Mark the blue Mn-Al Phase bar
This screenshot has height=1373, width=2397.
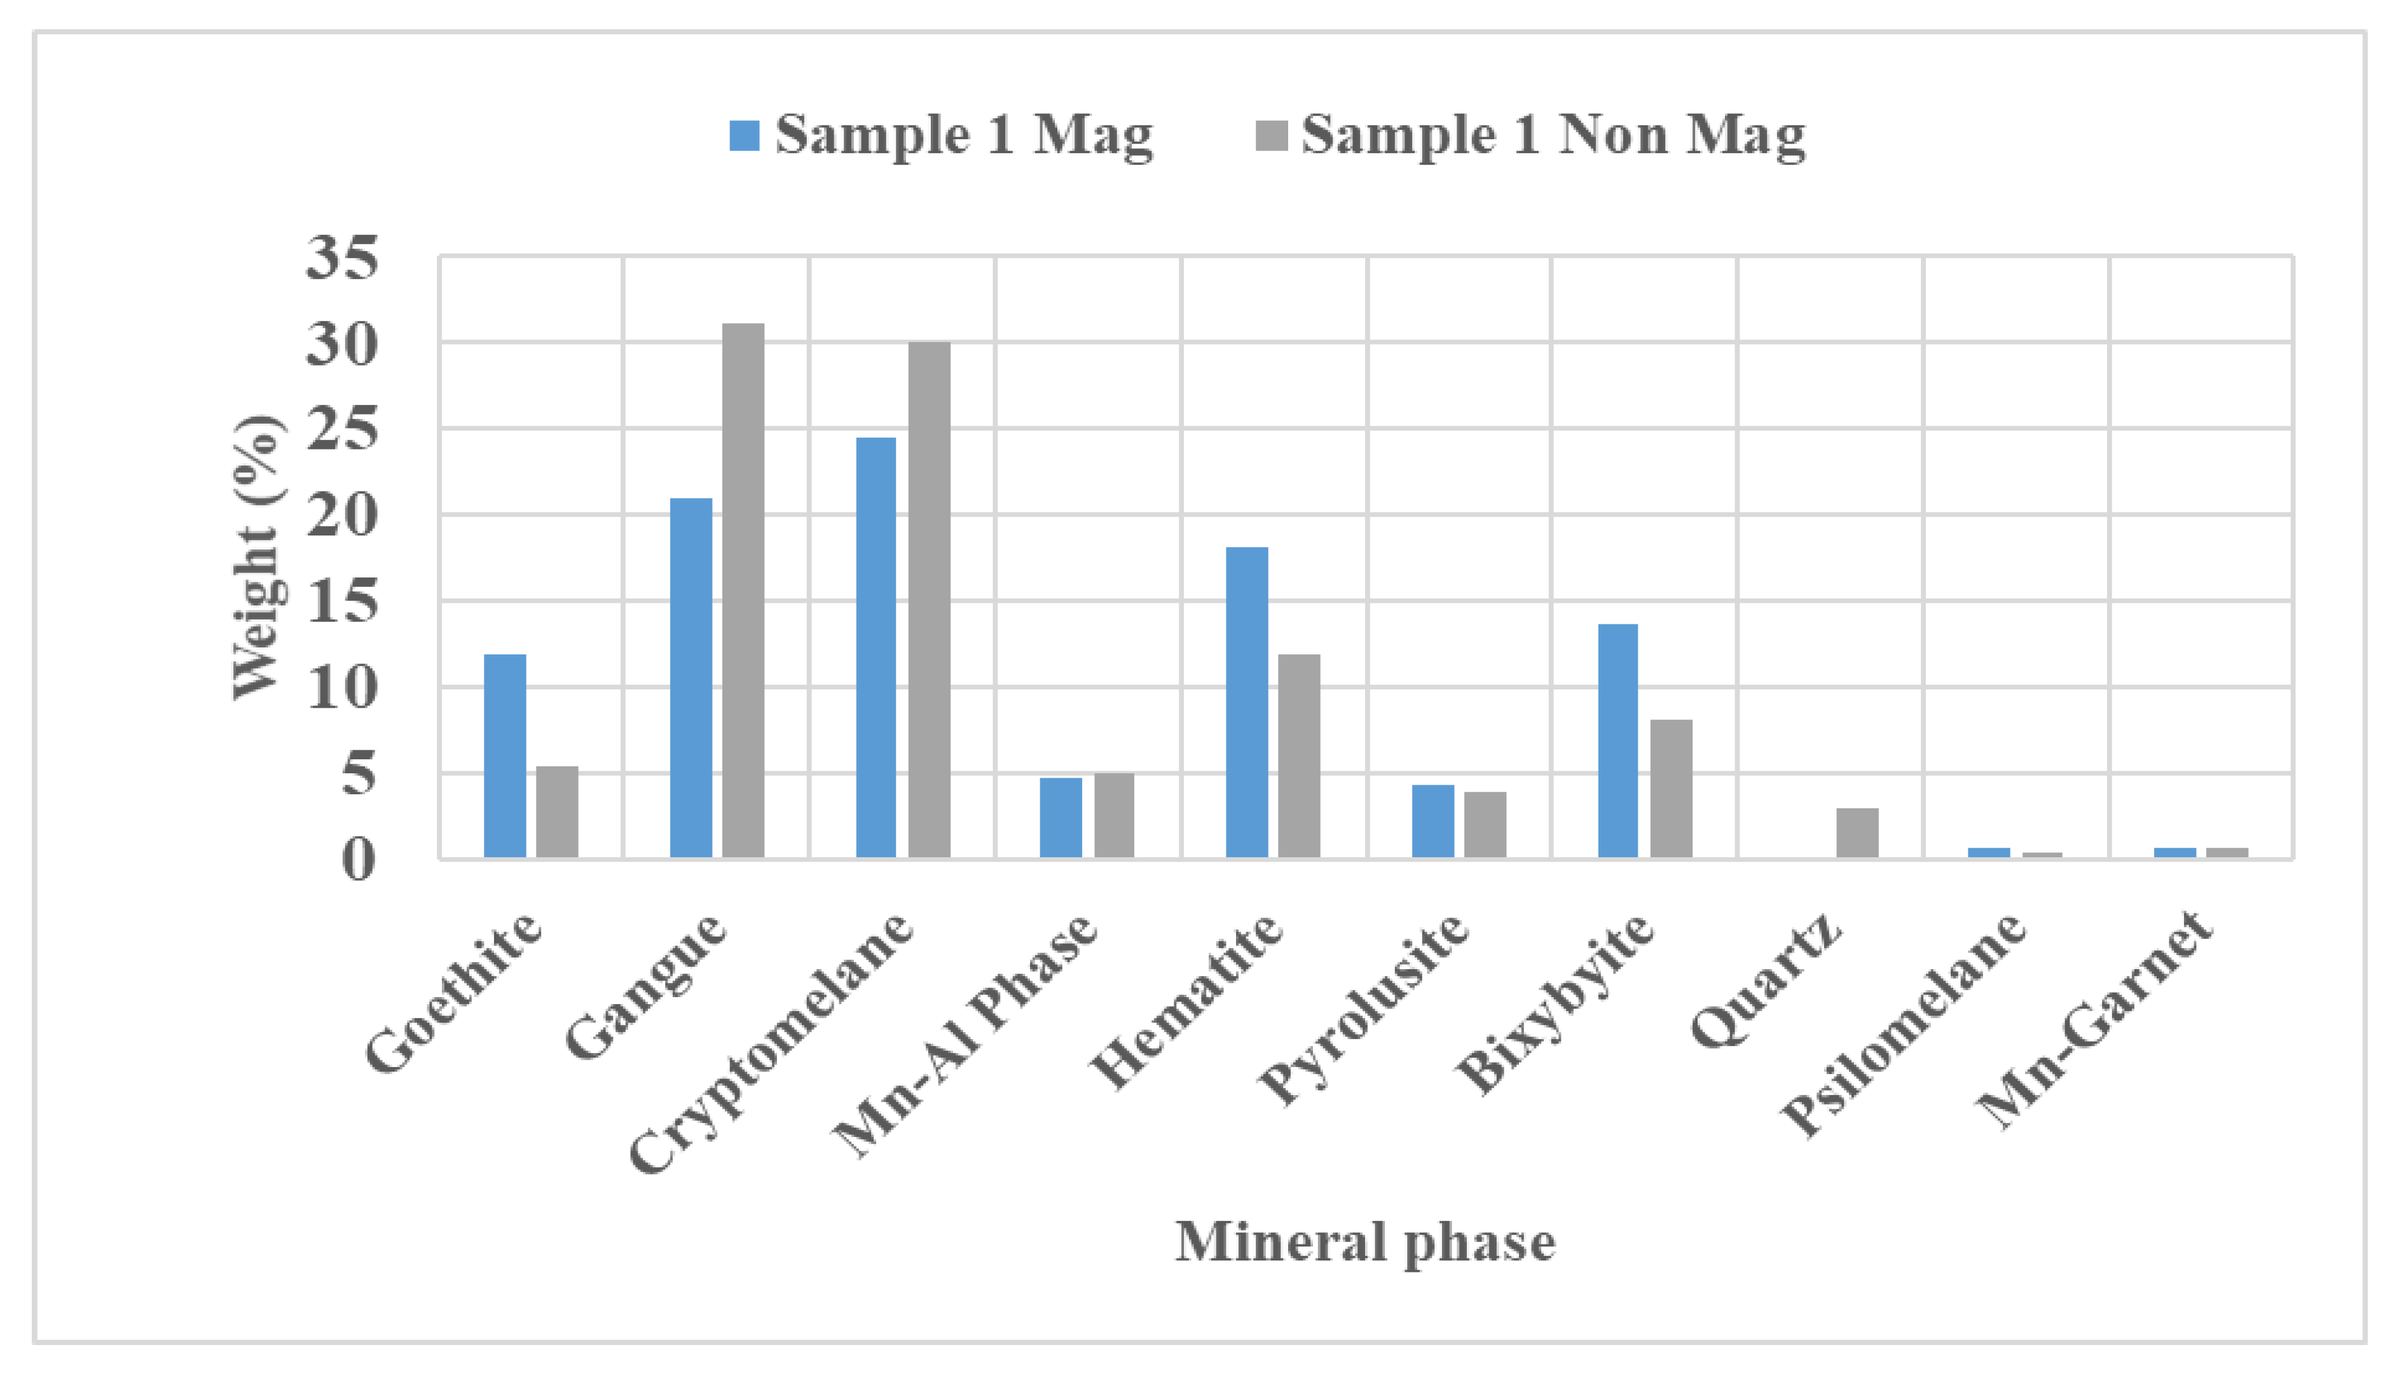(1061, 818)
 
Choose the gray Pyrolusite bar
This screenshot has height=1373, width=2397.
(1485, 824)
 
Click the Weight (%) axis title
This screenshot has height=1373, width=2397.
(256, 556)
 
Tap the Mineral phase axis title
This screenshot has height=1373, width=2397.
(1365, 1242)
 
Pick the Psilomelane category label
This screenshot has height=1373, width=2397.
(1904, 1025)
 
